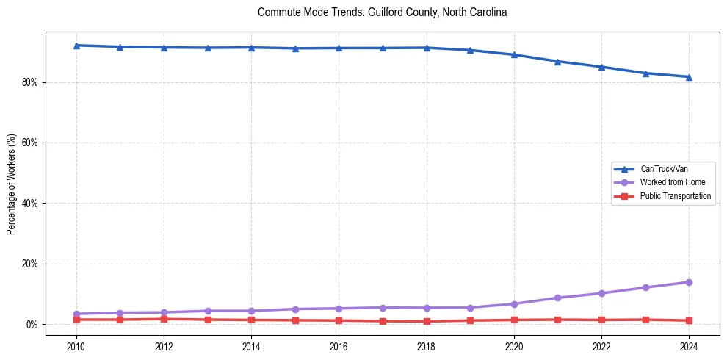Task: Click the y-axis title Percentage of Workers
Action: (12, 184)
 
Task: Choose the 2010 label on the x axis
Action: (76, 346)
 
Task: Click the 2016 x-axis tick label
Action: (339, 346)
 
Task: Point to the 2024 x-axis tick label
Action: (689, 346)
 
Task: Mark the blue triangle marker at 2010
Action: (76, 46)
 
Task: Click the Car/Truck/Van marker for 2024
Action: (689, 76)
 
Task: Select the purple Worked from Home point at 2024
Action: (689, 282)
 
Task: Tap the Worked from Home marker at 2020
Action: (514, 304)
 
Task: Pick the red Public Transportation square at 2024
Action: (689, 320)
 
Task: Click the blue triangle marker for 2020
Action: (514, 54)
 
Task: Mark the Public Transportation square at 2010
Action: (76, 320)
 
